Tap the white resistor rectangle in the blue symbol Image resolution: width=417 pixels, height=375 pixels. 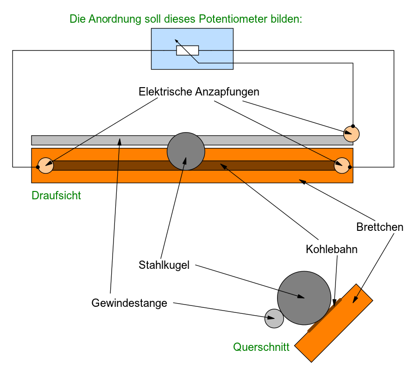point(187,50)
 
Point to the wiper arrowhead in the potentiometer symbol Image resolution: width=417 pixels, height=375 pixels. point(177,41)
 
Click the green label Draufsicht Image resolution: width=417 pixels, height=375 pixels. point(56,196)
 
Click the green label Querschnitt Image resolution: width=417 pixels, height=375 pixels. point(261,347)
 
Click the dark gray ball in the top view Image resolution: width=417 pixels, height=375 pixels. point(186,152)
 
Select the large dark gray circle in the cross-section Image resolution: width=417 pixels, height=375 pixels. point(304,298)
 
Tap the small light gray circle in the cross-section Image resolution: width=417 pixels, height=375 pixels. point(274,318)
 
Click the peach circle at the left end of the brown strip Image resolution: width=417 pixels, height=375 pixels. point(45,165)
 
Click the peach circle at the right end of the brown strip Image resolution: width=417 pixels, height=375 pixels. point(342,165)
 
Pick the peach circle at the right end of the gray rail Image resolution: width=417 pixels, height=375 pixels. point(351,134)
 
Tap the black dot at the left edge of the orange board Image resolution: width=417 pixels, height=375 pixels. point(38,167)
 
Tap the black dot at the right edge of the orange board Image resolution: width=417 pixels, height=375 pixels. point(350,167)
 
